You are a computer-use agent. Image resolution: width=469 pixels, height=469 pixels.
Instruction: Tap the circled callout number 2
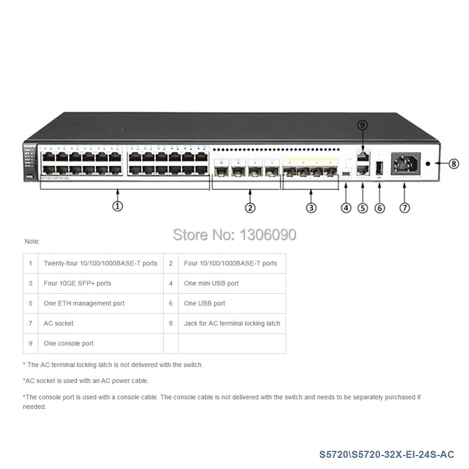coord(250,207)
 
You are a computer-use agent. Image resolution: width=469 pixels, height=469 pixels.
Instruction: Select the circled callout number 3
coord(311,207)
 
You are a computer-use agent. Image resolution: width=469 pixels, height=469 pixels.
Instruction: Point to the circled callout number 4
coord(346,208)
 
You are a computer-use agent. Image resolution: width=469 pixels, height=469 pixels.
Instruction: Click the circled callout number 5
coord(363,208)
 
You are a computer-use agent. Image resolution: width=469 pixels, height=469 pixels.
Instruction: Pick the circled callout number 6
coord(380,208)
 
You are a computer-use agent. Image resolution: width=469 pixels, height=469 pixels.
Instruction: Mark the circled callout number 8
coord(454,164)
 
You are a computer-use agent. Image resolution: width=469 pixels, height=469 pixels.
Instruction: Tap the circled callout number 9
coord(362,125)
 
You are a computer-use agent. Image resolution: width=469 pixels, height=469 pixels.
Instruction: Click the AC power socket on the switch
coord(405,164)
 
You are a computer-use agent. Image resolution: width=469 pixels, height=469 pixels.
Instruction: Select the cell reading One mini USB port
coord(212,283)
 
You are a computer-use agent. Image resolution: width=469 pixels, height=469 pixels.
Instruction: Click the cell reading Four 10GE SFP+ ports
coord(77,283)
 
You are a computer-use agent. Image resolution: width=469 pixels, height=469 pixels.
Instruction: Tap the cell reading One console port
coord(69,343)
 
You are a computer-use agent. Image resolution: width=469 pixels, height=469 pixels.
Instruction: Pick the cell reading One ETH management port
coord(84,303)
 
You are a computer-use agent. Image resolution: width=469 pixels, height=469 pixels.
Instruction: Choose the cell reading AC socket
coord(59,323)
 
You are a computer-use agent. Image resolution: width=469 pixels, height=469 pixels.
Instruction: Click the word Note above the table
coord(32,241)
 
